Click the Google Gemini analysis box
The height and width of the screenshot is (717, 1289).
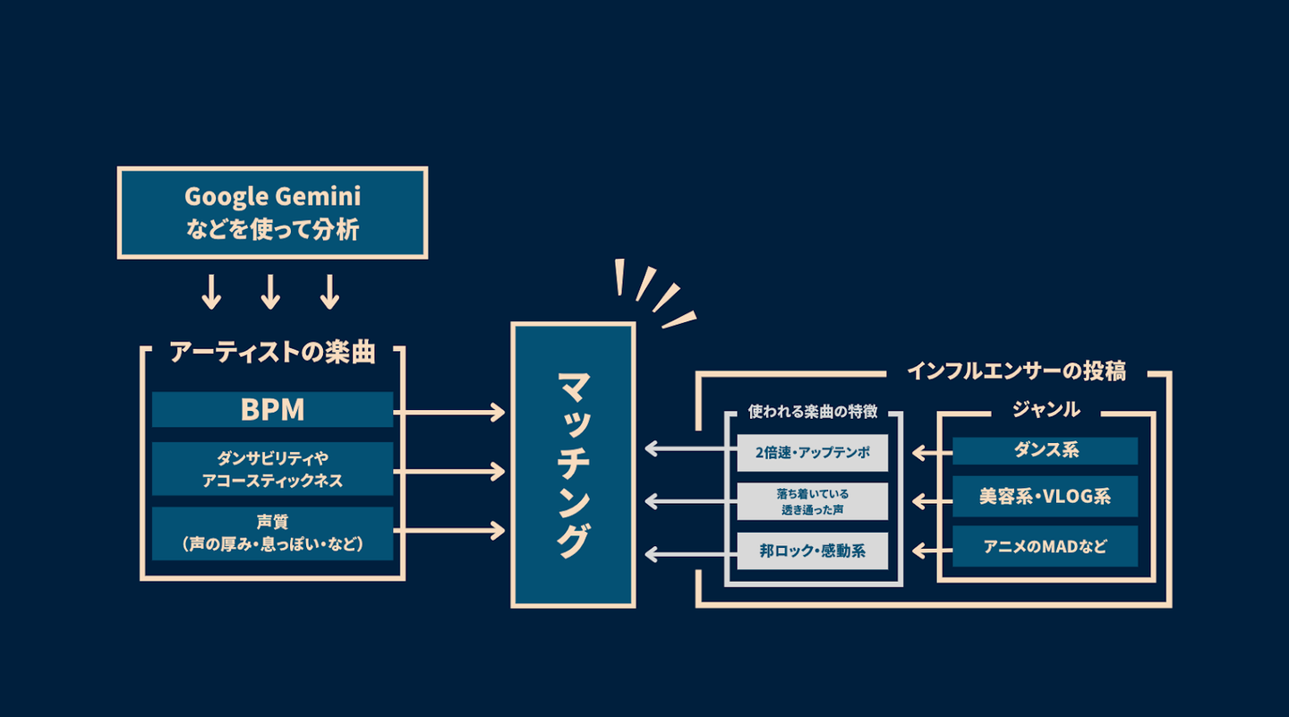(x=272, y=212)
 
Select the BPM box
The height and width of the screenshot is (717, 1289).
(x=272, y=409)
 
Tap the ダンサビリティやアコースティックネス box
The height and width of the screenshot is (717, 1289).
(x=272, y=468)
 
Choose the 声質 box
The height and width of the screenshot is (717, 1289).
(x=272, y=533)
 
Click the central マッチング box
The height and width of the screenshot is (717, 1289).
(x=573, y=465)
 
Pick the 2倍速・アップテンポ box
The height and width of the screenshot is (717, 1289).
(x=813, y=452)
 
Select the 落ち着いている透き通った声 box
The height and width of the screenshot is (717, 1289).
(x=813, y=501)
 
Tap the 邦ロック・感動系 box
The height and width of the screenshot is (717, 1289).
(x=813, y=551)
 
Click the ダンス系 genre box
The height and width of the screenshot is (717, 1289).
(x=1045, y=451)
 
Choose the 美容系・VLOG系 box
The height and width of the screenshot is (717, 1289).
(x=1045, y=496)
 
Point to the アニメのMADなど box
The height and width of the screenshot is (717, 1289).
(x=1045, y=546)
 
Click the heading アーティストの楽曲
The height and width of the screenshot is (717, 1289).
(x=272, y=353)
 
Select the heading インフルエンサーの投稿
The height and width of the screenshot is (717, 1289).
(x=1016, y=371)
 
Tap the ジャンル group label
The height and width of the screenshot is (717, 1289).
(x=1046, y=410)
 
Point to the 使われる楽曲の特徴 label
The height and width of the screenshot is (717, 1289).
(x=812, y=412)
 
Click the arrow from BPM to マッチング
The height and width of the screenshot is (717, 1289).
(x=449, y=412)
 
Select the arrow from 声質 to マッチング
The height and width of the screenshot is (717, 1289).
(x=449, y=533)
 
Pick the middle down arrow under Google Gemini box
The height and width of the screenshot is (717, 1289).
(x=270, y=291)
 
